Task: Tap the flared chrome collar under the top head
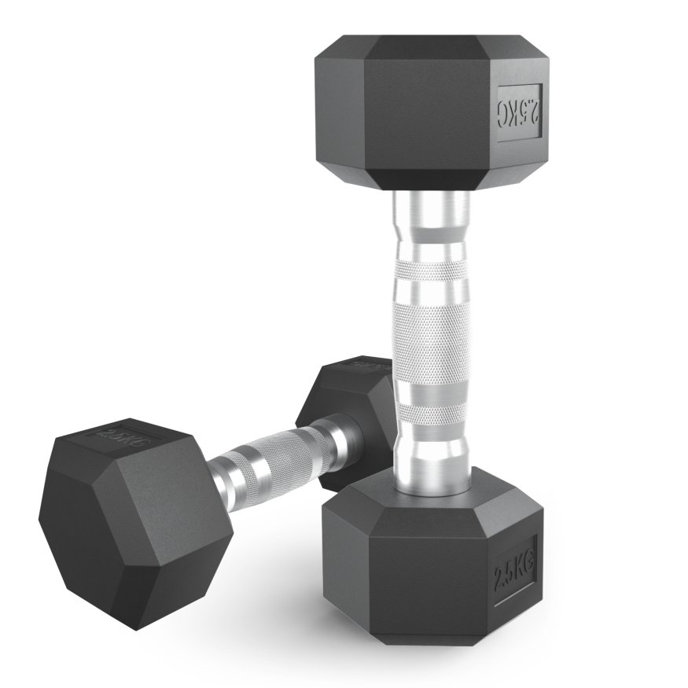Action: (432, 216)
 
